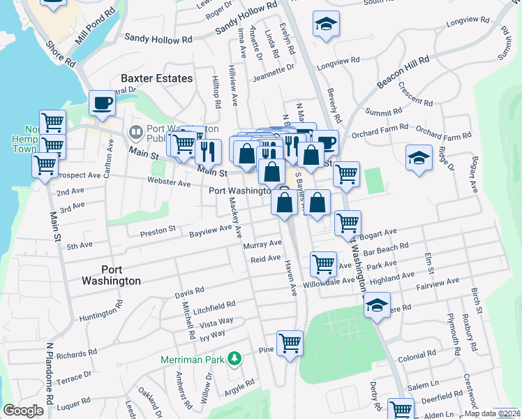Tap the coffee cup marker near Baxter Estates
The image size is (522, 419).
click(x=103, y=103)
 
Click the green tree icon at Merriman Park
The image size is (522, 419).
click(x=235, y=359)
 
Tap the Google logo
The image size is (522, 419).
click(x=23, y=411)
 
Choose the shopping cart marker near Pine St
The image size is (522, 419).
click(x=290, y=343)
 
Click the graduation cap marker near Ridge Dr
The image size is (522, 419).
click(x=418, y=158)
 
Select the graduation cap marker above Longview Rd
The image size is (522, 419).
click(x=326, y=24)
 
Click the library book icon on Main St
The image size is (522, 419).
click(x=135, y=130)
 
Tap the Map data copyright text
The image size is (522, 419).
click(x=491, y=413)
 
